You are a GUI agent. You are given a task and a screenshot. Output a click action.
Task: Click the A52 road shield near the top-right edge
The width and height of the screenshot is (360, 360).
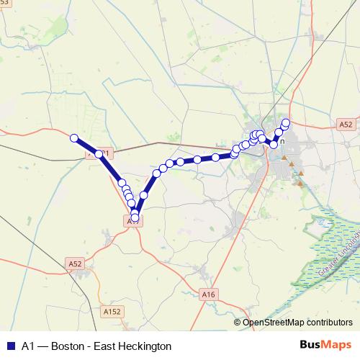pos(346,125)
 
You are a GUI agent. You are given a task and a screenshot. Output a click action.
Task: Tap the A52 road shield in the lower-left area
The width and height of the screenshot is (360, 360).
pos(74,264)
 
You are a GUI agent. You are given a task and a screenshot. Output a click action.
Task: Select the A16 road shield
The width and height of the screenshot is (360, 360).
pos(209,294)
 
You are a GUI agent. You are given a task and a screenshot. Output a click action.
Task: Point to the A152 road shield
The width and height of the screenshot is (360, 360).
pos(112,311)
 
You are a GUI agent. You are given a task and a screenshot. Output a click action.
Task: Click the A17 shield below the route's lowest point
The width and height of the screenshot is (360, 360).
pos(133,222)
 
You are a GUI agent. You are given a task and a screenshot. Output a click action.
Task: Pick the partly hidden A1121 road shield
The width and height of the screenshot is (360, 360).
pos(100,153)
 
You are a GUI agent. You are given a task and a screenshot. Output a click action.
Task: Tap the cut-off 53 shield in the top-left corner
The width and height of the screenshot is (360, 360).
pos(5,3)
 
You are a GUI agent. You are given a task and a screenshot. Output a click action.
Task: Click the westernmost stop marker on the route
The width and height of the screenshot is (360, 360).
pos(73,138)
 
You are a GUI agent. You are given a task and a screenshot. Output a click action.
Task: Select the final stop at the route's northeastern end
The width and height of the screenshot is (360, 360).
pos(286,122)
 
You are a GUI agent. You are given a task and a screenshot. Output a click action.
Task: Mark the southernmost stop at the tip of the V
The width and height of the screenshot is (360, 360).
pos(135,217)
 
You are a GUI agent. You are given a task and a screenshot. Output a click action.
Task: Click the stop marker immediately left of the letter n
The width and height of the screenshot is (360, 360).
pos(274,144)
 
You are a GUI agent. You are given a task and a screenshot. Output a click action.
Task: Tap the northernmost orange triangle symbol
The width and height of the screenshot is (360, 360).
pos(284,158)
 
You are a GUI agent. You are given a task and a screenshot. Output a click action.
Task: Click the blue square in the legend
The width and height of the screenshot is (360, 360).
pos(10,346)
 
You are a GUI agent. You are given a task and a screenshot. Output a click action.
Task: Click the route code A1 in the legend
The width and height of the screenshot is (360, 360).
pos(29,346)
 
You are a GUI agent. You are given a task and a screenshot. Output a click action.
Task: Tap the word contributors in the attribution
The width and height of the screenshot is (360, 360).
pos(330,323)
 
